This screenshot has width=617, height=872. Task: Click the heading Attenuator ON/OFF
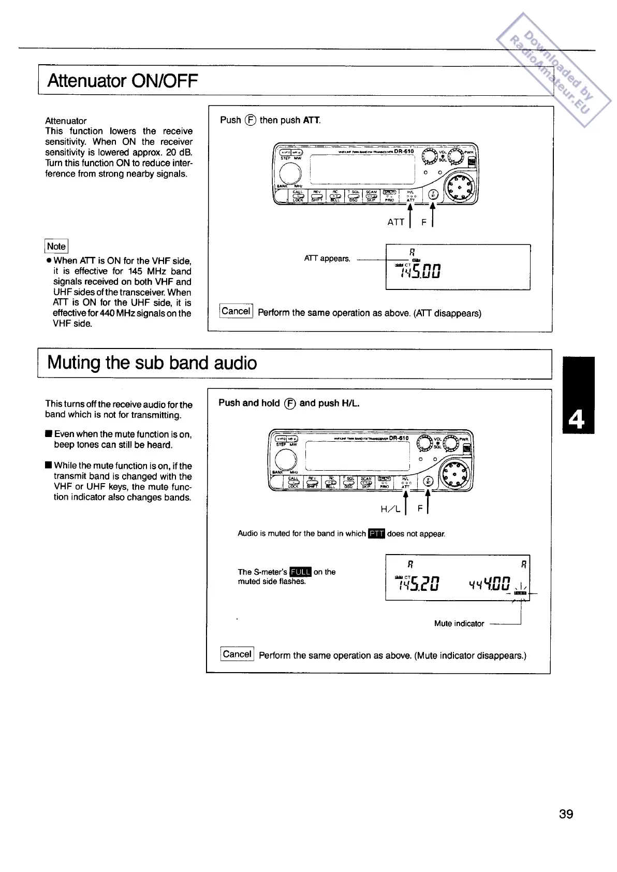point(123,81)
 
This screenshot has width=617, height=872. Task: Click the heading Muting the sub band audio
point(152,362)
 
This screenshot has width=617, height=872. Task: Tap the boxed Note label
point(56,246)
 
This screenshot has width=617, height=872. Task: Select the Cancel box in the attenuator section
point(236,311)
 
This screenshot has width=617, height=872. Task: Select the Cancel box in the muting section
point(237,654)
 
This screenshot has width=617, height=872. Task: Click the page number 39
point(566,815)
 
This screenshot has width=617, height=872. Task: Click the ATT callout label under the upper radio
point(395,222)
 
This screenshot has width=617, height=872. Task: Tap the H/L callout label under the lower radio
point(390,509)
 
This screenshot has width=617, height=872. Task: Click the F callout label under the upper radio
point(423,222)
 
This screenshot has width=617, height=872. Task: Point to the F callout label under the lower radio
point(420,509)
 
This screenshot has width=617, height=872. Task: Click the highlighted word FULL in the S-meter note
point(300,572)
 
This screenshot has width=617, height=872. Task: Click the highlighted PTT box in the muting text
point(376,533)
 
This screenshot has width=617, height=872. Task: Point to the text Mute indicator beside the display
point(459,623)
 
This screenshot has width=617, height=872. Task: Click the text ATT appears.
point(327,258)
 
